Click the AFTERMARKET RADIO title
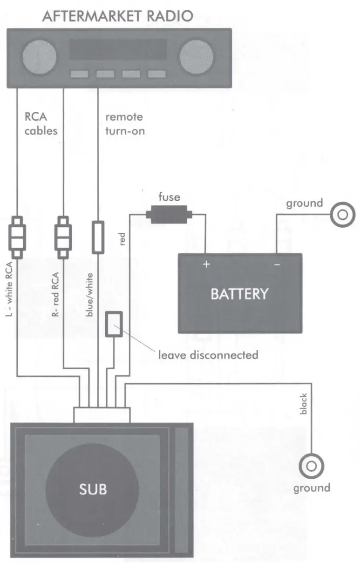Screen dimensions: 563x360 point(117,16)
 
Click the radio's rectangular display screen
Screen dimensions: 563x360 point(117,49)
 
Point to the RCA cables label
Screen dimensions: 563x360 point(41,123)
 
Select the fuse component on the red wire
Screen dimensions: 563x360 point(166,215)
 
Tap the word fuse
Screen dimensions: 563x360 point(169,197)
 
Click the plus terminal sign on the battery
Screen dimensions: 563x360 point(206,265)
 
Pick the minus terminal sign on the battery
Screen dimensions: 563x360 point(277,265)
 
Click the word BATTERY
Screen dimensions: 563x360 point(239,294)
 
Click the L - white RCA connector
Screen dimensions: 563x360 point(17,237)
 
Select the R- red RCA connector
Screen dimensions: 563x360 point(62,237)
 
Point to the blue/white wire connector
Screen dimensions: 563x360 point(98,237)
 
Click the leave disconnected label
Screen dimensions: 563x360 point(208,355)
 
